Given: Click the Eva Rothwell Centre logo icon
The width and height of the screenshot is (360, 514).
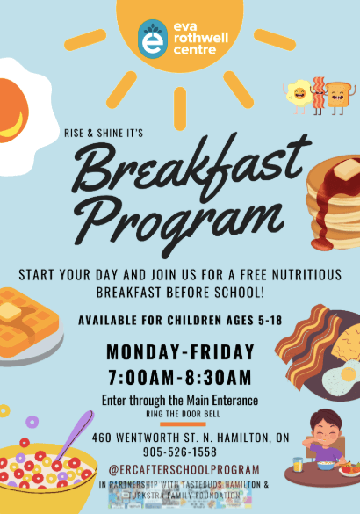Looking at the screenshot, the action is (153, 39).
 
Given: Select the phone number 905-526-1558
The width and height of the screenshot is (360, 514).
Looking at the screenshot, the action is (180, 452).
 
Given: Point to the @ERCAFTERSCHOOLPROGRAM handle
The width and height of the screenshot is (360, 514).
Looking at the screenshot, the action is (184, 470).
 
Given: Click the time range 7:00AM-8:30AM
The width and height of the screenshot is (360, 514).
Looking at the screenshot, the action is (180, 377).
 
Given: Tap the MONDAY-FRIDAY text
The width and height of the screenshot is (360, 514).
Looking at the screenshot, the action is (181, 351).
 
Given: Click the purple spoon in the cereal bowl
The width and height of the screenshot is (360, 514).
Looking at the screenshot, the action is (75, 436).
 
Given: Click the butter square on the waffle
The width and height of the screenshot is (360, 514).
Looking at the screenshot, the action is (11, 312).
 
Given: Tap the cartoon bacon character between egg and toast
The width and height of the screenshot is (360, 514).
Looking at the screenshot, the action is (319, 95).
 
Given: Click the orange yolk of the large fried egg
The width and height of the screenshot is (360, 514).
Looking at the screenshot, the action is (13, 111).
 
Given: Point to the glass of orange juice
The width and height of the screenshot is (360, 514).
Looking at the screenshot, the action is (298, 465).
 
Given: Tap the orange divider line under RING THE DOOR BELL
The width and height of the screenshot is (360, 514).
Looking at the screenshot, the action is (183, 424).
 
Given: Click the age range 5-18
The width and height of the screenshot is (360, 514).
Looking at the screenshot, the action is (270, 321).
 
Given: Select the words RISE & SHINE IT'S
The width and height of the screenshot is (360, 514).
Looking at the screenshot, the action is (104, 133).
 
